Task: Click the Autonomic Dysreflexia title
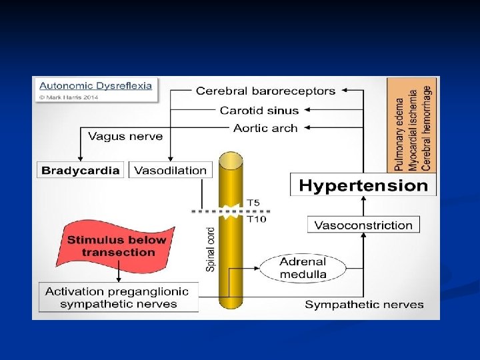tap(95, 85)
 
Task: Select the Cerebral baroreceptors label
tap(265, 91)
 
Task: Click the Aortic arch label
tap(265, 128)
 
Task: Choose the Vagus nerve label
tap(125, 136)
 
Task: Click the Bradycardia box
tap(81, 170)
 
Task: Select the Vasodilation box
tap(171, 170)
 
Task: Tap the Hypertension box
tap(363, 185)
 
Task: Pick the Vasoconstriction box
tap(363, 225)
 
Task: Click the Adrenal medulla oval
tap(303, 268)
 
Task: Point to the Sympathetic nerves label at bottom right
tap(364, 305)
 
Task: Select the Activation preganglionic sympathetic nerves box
tap(118, 298)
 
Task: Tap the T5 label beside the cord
tap(253, 203)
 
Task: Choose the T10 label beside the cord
tap(255, 218)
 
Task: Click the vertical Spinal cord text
tap(211, 249)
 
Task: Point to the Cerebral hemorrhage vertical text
tap(427, 125)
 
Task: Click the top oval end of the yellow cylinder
tap(231, 160)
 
